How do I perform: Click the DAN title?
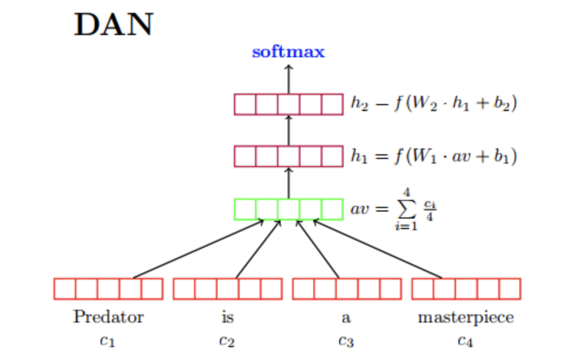click(113, 25)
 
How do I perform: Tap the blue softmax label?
click(288, 52)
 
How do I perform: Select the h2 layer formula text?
click(433, 104)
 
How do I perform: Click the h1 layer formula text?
click(433, 157)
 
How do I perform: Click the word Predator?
click(108, 317)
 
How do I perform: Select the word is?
click(227, 317)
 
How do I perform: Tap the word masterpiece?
click(466, 317)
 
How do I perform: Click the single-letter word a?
click(346, 319)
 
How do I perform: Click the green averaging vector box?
click(288, 209)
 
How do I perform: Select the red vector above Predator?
click(108, 289)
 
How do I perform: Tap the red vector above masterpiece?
click(466, 289)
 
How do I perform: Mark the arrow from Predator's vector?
click(199, 249)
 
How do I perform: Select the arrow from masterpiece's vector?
click(378, 249)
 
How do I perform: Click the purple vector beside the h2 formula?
click(288, 104)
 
